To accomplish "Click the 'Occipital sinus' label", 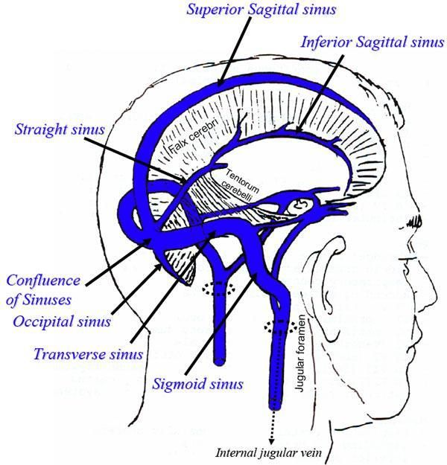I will point(62,321).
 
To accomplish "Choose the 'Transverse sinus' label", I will point(88,353).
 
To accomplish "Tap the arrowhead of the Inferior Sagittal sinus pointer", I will point(297,135).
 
